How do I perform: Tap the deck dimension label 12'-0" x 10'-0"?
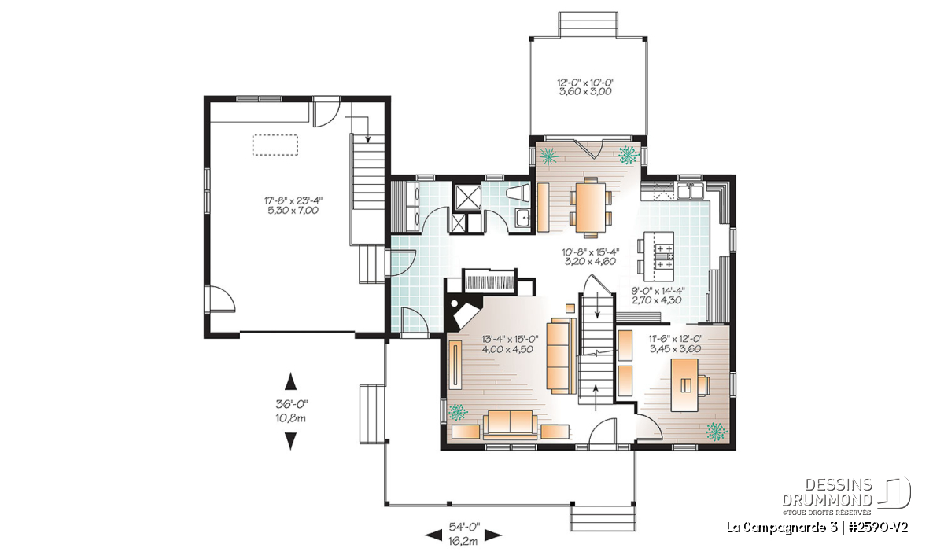585,83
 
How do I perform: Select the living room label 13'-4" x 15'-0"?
510,339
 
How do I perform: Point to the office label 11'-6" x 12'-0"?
676,338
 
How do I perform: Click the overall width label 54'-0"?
463,527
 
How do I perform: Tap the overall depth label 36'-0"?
292,404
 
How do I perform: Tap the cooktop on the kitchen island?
664,256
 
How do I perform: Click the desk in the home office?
684,385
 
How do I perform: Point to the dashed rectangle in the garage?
275,145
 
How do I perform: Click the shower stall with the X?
466,197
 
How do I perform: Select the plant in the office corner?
717,432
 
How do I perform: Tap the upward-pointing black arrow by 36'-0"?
291,381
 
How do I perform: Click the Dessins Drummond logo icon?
894,493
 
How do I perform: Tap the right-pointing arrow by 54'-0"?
493,536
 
